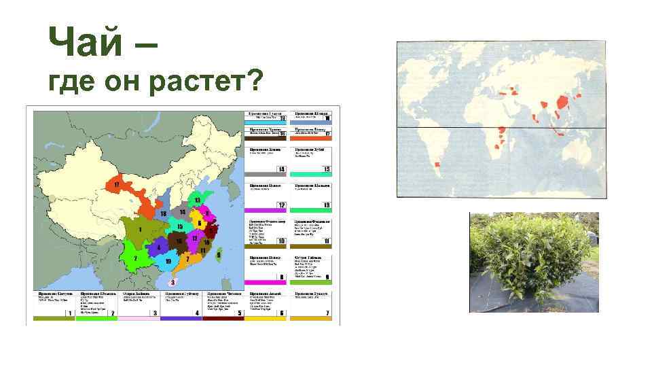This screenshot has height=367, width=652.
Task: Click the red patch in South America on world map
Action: (x=437, y=164)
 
